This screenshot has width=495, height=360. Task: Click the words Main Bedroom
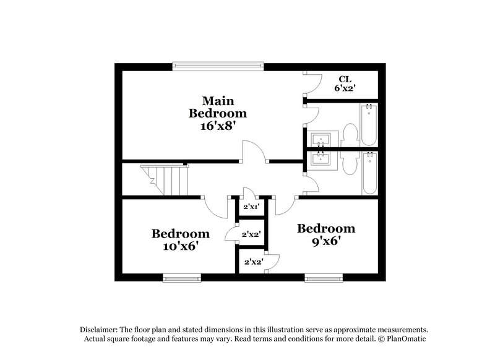217,106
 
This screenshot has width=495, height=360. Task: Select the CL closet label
345,79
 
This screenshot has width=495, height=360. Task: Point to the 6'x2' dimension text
345,88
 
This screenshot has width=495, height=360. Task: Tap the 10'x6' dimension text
180,246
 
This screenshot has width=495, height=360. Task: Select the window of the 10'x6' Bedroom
181,278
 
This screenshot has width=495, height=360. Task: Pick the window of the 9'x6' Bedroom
324,278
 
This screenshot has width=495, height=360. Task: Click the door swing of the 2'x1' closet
247,192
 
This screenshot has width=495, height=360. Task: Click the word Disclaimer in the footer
100,330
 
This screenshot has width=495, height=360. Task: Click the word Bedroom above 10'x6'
180,234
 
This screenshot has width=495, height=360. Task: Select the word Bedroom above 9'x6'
326,229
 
